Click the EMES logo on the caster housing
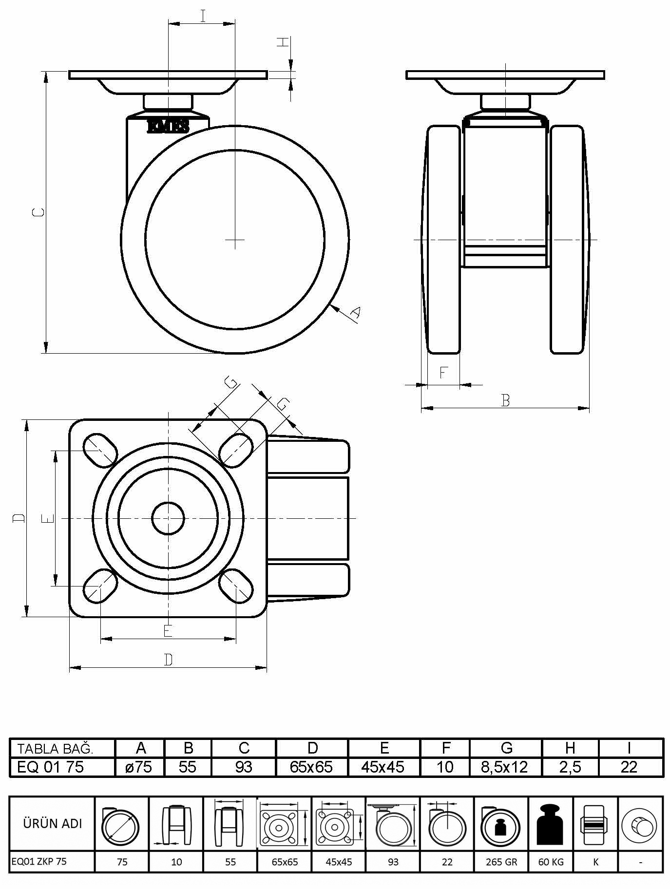point(168,127)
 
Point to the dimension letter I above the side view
point(202,16)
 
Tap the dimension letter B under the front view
point(505,400)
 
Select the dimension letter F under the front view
point(443,373)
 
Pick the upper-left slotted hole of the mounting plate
point(100,451)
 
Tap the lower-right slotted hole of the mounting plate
point(236,586)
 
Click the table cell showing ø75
point(139,767)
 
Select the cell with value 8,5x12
point(505,767)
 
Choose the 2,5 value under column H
point(570,767)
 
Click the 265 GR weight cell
point(501,862)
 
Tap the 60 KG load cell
point(551,862)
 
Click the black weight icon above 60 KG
point(551,824)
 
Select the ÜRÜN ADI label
point(53,823)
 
